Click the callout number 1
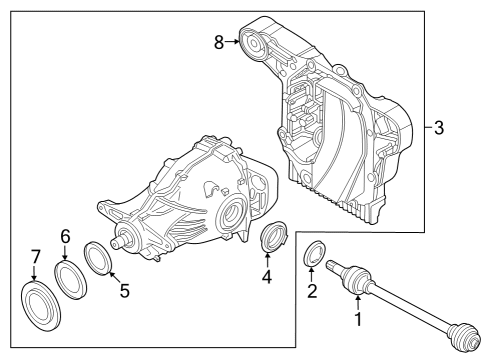tap(357, 321)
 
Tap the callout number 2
tap(311, 292)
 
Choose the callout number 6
tap(65, 236)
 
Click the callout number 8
tap(220, 41)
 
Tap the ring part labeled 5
tap(96, 257)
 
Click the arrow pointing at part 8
tap(235, 41)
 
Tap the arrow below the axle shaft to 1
tap(357, 300)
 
